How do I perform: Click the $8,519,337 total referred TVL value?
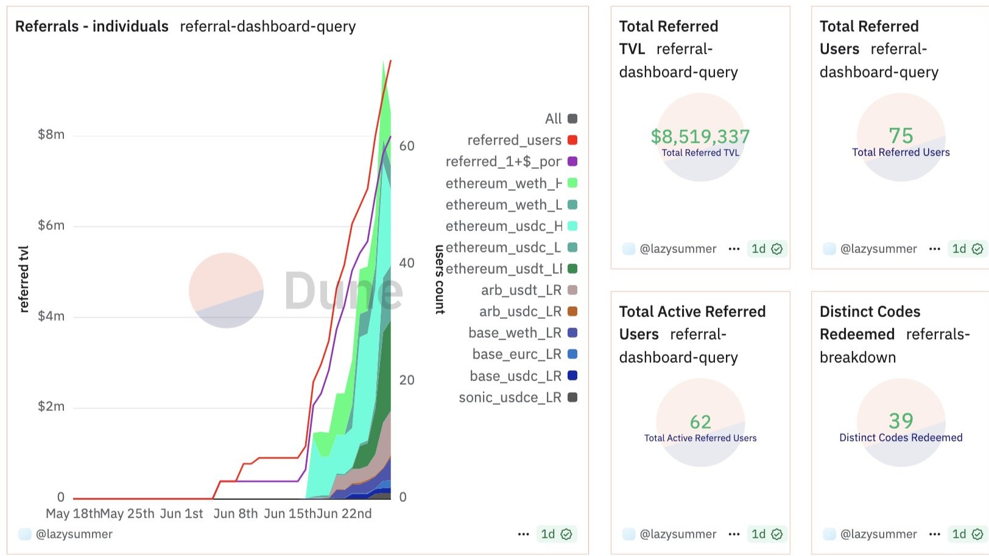pyautogui.click(x=700, y=136)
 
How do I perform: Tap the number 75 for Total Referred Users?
pyautogui.click(x=901, y=135)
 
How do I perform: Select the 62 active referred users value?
pyautogui.click(x=700, y=422)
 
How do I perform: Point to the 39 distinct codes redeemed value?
pyautogui.click(x=901, y=421)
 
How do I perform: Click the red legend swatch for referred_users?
pyautogui.click(x=572, y=140)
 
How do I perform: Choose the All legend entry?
pyautogui.click(x=554, y=119)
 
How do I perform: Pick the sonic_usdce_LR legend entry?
pyautogui.click(x=510, y=397)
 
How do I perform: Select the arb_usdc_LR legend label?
pyautogui.click(x=520, y=312)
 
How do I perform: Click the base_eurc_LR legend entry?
pyautogui.click(x=516, y=354)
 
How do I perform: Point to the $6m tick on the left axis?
pyautogui.click(x=51, y=226)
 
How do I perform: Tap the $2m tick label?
pyautogui.click(x=51, y=407)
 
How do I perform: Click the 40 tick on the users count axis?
pyautogui.click(x=407, y=263)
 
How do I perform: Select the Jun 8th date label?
pyautogui.click(x=236, y=514)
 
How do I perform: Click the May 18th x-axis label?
pyautogui.click(x=72, y=514)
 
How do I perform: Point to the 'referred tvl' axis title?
pyautogui.click(x=24, y=279)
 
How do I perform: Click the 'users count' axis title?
pyautogui.click(x=440, y=279)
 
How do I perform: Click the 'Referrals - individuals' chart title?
pyautogui.click(x=92, y=26)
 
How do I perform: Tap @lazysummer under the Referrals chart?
pyautogui.click(x=74, y=534)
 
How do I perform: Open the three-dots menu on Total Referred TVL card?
pyautogui.click(x=734, y=249)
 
